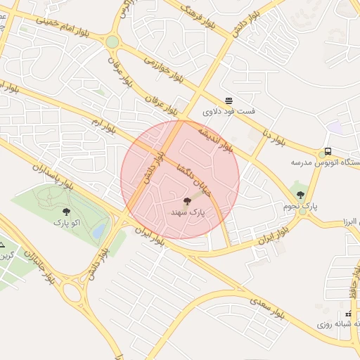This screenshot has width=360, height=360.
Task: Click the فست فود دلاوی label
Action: (229, 112)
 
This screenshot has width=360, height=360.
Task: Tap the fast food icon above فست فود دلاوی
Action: (229, 101)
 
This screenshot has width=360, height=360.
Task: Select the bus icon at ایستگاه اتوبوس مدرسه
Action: (328, 152)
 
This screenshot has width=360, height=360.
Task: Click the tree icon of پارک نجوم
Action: (301, 195)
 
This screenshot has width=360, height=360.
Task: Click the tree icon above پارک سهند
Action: (187, 200)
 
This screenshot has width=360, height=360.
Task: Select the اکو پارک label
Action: (67, 222)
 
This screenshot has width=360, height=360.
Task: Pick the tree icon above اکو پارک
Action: (67, 211)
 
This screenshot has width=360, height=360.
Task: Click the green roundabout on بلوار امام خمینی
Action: (112, 42)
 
